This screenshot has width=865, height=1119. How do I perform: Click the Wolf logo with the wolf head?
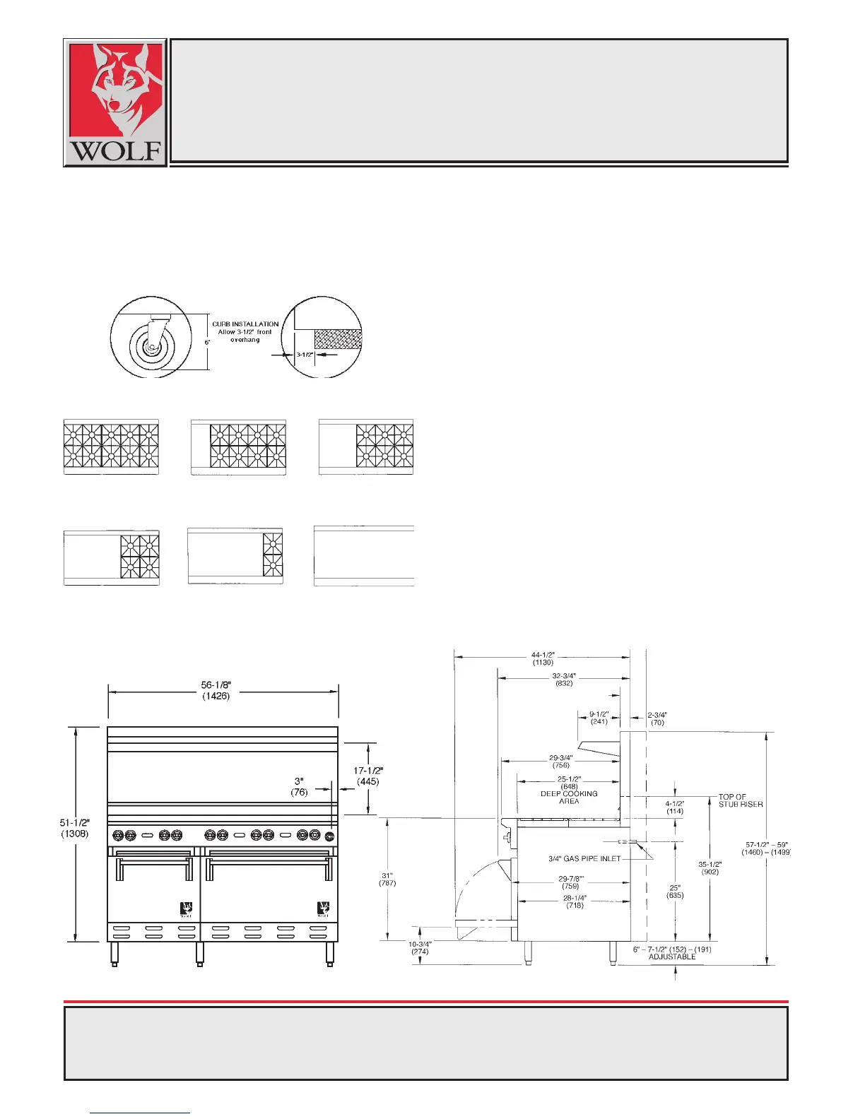[115, 102]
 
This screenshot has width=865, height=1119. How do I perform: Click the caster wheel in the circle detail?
[151, 345]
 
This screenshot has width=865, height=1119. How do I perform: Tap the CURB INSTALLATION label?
[245, 324]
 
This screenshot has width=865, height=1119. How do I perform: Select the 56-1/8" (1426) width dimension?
[216, 690]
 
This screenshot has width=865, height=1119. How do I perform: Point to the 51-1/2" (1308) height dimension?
[74, 827]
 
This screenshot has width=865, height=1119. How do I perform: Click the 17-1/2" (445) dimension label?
[368, 776]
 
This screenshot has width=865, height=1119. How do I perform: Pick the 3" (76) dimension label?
[300, 786]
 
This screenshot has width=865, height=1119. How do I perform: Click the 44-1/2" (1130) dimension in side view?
[543, 658]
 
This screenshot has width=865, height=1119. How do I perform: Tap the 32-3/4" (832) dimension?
[564, 680]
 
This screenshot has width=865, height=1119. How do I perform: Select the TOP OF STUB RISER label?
[740, 800]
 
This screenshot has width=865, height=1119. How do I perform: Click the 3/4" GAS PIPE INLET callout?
[584, 859]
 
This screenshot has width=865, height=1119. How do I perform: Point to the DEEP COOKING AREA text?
[569, 798]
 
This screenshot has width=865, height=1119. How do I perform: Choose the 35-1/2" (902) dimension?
[710, 868]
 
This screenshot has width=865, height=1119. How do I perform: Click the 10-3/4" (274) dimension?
[420, 947]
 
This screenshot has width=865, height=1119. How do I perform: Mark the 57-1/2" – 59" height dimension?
[766, 848]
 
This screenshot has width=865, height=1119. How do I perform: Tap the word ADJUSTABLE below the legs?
[672, 957]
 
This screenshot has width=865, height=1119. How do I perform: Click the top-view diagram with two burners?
[235, 556]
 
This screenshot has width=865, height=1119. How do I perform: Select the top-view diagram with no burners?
[363, 556]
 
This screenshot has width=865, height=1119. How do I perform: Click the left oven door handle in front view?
[153, 863]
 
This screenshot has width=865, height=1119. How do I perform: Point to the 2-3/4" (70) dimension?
[657, 718]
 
